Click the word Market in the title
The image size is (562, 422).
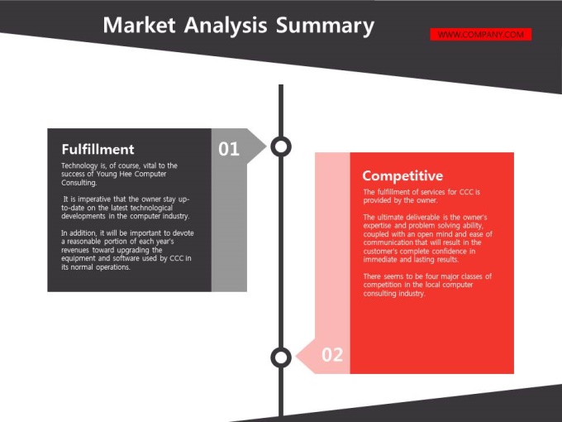[x=139, y=25]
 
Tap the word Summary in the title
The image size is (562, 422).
[x=325, y=26]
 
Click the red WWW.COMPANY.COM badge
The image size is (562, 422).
[x=481, y=35]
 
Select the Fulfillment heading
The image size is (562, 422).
[x=98, y=149]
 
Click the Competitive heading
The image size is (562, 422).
[x=402, y=175]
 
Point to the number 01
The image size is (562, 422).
[x=229, y=149]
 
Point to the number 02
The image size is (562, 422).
[x=332, y=354]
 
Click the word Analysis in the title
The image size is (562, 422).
[x=226, y=26]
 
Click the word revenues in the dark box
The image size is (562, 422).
[x=75, y=250]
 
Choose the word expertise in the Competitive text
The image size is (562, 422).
[x=377, y=226]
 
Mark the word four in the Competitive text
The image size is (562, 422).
[x=432, y=276]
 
